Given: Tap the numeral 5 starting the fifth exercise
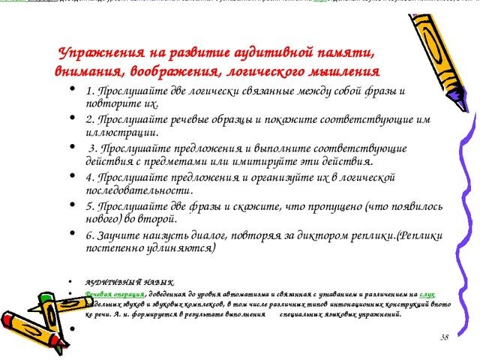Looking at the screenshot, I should click(89, 205).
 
